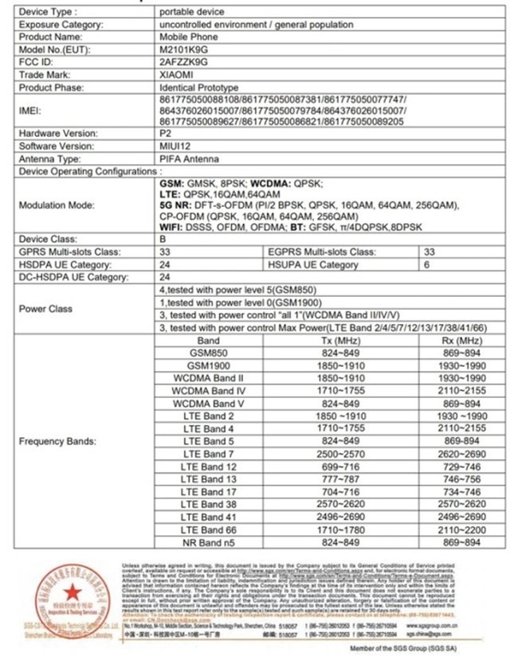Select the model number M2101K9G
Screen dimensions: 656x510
(182, 48)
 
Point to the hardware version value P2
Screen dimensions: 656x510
(166, 134)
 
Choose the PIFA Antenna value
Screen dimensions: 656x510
(191, 158)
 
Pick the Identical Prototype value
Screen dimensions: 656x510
(198, 84)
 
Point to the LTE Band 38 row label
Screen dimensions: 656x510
(209, 504)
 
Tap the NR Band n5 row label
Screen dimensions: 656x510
(209, 542)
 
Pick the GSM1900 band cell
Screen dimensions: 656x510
(209, 365)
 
